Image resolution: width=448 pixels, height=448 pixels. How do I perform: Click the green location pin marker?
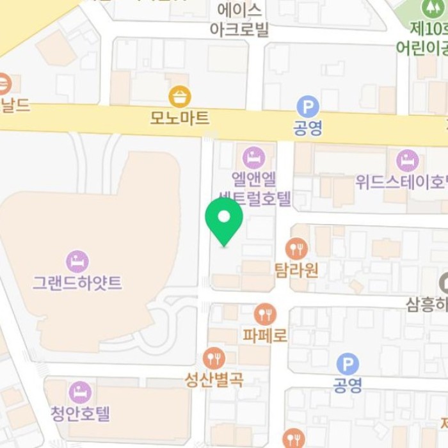coord(224,219)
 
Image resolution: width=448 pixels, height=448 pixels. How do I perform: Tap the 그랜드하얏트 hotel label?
coord(77,282)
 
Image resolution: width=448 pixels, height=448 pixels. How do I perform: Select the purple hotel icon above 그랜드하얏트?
coord(77,261)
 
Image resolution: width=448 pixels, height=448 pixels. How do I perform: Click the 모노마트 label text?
coord(180,117)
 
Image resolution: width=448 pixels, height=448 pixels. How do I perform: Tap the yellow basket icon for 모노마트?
coord(180,97)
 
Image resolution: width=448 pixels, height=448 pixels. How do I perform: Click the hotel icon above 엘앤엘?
coord(254,157)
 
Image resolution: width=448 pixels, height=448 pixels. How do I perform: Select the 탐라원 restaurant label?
coord(296,269)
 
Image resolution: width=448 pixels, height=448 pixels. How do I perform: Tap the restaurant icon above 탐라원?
coord(296,248)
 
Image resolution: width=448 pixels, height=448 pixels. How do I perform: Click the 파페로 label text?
coord(265,335)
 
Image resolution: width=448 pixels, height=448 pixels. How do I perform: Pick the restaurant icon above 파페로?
coord(265,314)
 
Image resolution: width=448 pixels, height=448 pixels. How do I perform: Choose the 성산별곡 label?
coord(214,380)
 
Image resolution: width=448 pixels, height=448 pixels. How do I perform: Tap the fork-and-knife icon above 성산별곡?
coord(214,358)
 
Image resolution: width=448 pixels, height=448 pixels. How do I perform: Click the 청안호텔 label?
coord(80,413)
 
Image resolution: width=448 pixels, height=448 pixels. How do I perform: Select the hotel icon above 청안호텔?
coord(80,392)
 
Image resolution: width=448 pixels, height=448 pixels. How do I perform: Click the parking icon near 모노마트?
coord(308,107)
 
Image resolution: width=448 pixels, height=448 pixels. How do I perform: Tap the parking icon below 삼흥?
coord(348,365)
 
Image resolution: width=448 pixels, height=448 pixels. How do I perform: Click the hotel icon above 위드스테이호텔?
coord(408,161)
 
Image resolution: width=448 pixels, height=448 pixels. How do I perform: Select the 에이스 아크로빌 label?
coord(239,20)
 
